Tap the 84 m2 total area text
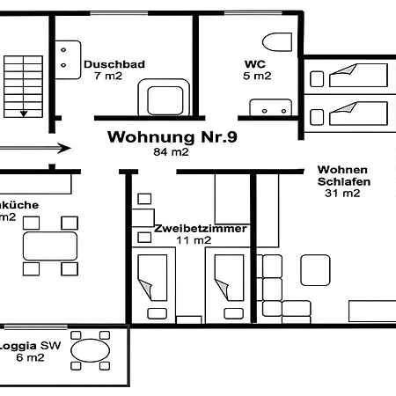pyautogui.click(x=172, y=151)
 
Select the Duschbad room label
pyautogui.click(x=114, y=64)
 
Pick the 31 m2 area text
pyautogui.click(x=342, y=194)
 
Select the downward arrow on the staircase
pyautogui.click(x=24, y=113)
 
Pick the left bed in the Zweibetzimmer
pyautogui.click(x=153, y=277)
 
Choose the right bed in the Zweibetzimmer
pyautogui.click(x=226, y=277)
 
